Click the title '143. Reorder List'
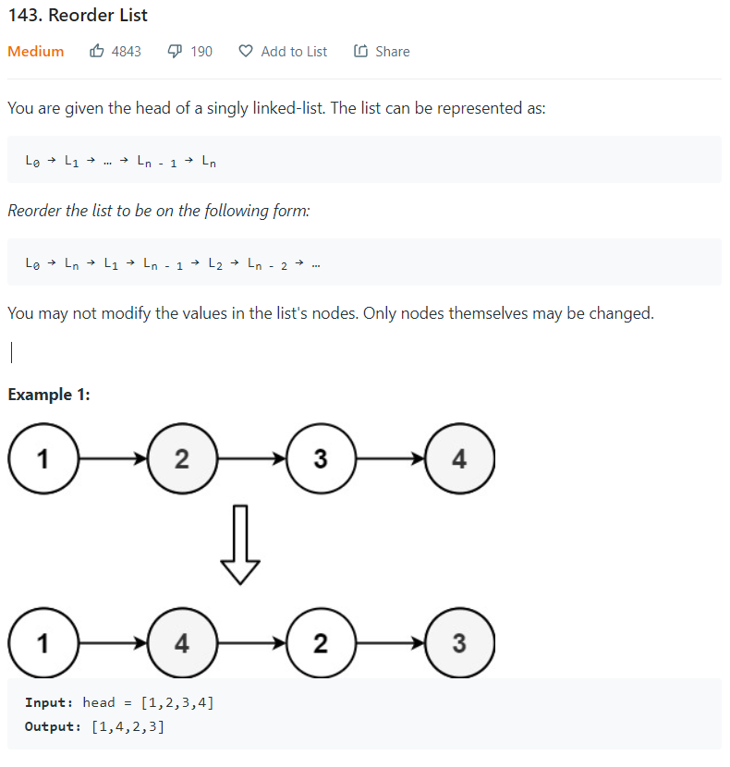(x=78, y=16)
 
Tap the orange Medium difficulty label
(x=36, y=52)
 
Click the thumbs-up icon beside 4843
(x=97, y=52)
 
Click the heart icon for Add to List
(x=246, y=52)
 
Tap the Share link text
(x=392, y=52)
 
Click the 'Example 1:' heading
(x=49, y=395)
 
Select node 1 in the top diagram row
(x=43, y=459)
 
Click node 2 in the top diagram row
(x=182, y=459)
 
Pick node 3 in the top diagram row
(x=321, y=459)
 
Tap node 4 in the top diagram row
(x=459, y=459)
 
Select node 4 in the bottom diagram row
(x=182, y=643)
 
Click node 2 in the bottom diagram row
(x=321, y=643)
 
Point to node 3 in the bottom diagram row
(x=459, y=643)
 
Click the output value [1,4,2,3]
(x=128, y=726)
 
